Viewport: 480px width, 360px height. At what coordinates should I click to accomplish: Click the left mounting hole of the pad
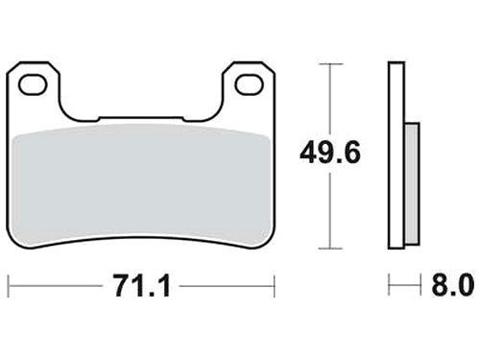33,84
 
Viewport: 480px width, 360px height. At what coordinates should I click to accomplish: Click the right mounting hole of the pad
250,84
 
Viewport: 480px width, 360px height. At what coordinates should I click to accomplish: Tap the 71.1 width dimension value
142,286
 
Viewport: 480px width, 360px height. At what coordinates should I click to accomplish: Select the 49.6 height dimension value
330,154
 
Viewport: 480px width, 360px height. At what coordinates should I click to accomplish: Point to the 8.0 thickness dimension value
452,285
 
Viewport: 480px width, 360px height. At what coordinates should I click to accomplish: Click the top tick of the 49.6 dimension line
330,64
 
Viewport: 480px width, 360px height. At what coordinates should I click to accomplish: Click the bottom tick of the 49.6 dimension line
330,248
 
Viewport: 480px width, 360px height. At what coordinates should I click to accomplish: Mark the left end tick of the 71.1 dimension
9,286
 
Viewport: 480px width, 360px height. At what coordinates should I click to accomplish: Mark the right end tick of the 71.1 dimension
275,286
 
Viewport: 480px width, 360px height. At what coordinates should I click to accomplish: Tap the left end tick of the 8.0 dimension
389,284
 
